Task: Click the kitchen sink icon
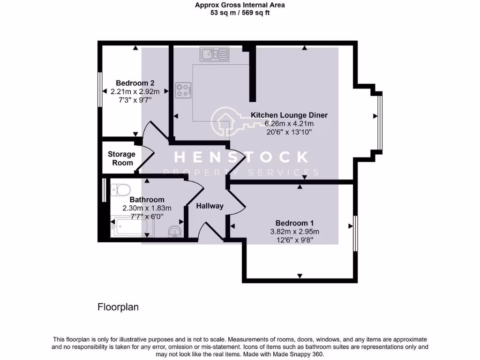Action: (214, 54)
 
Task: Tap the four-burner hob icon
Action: (183, 90)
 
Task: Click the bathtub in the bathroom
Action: (132, 228)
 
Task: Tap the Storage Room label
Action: (121, 158)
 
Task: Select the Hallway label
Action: (210, 206)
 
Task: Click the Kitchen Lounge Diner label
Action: (289, 115)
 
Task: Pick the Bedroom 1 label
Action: (294, 223)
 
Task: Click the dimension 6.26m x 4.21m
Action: (289, 124)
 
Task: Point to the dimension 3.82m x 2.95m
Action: (294, 232)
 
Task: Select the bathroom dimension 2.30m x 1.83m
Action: (147, 208)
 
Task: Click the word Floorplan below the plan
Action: (118, 307)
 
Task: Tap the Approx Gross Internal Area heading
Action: (240, 5)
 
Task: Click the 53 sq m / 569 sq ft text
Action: (240, 13)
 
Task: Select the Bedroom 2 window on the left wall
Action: (100, 89)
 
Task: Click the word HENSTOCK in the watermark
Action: (242, 157)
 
